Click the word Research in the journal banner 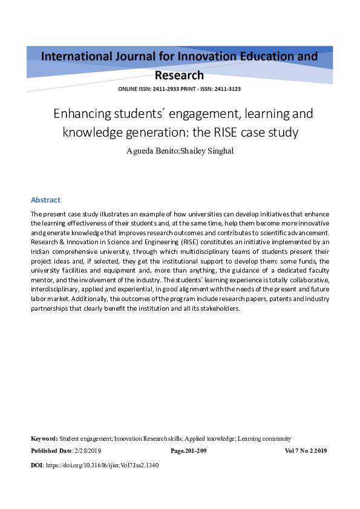pyautogui.click(x=179, y=76)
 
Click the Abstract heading pyautogui.click(x=45, y=200)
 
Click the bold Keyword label pyautogui.click(x=44, y=438)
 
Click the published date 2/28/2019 pyautogui.click(x=88, y=451)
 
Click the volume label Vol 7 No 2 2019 pyautogui.click(x=306, y=451)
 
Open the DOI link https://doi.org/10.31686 pyautogui.click(x=102, y=466)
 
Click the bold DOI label pyautogui.click(x=37, y=466)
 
